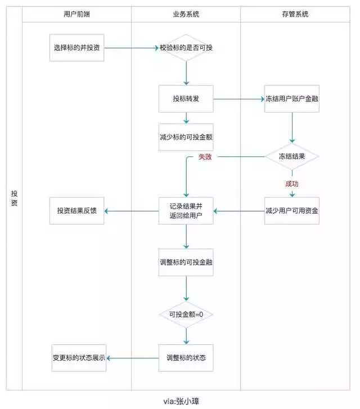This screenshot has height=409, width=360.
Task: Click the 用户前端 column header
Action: [76, 14]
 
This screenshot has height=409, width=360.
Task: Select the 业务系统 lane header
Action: [186, 14]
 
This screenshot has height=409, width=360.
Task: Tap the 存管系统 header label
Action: [295, 14]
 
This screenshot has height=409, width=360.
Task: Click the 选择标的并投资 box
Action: [76, 48]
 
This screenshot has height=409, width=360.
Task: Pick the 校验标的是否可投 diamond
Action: [186, 48]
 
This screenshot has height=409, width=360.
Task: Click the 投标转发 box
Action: [186, 99]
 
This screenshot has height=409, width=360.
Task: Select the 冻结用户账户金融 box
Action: [292, 99]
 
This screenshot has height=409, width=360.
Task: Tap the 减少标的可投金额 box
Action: [186, 137]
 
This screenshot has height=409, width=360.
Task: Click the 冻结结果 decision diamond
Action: [292, 156]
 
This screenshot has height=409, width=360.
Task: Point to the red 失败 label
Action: [205, 157]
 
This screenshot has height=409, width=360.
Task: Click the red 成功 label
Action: [291, 184]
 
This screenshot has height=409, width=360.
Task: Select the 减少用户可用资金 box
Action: [292, 211]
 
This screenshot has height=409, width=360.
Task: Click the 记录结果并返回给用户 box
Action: [186, 211]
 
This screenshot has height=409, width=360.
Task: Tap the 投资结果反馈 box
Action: [76, 211]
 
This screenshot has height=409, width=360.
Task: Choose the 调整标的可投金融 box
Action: [186, 262]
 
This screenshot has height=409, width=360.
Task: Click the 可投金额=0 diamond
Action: [186, 314]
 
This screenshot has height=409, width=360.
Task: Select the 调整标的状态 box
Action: [186, 358]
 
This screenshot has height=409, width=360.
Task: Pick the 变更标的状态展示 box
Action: [79, 358]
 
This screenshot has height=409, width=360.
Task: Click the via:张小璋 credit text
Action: [181, 401]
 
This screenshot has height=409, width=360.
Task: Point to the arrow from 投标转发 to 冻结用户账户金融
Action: [239, 99]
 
